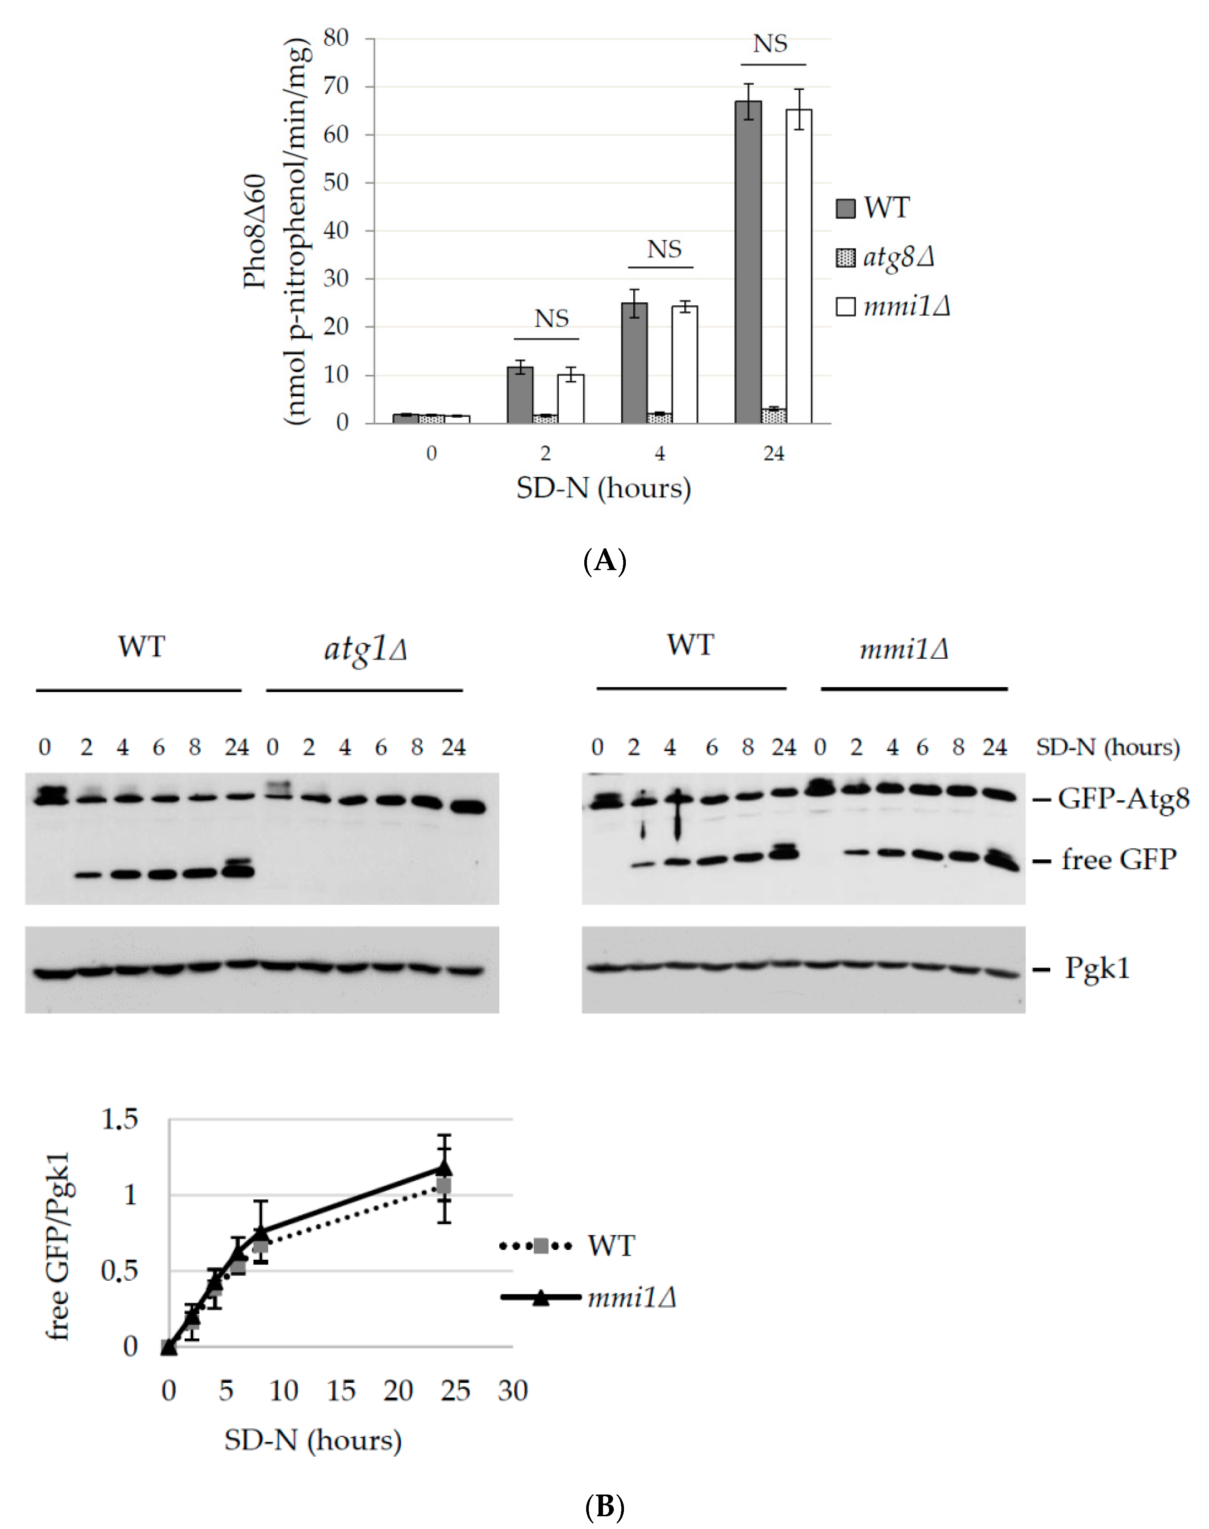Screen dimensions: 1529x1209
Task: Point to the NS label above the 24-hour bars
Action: click(x=770, y=44)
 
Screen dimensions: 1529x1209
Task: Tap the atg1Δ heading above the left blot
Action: click(x=365, y=649)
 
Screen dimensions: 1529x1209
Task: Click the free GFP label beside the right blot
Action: click(x=1118, y=860)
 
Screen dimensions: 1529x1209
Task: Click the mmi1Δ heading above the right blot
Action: click(x=904, y=649)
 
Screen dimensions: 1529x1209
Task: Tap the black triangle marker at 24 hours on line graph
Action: click(x=444, y=1168)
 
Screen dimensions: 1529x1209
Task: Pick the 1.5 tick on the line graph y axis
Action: click(x=120, y=1120)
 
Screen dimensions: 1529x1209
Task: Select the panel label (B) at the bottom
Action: click(x=604, y=1506)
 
